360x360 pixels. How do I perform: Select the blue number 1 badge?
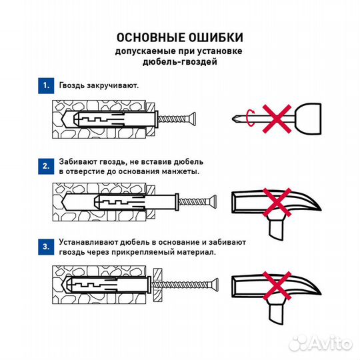[x=45, y=86]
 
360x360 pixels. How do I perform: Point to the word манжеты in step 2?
[x=181, y=172]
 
